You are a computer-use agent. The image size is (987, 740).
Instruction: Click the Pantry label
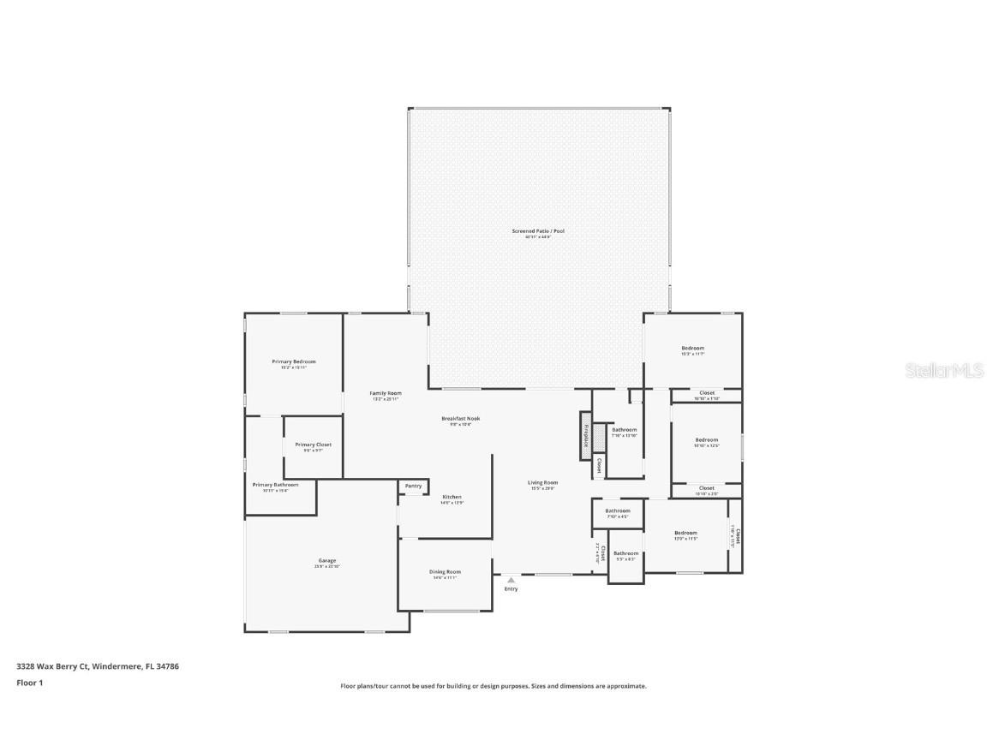(x=413, y=486)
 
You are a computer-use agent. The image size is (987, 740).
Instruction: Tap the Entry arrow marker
(x=511, y=581)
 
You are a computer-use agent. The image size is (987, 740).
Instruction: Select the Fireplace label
(x=586, y=436)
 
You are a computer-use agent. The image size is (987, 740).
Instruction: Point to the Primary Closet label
(x=313, y=445)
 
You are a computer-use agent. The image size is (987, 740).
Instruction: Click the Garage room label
(x=326, y=561)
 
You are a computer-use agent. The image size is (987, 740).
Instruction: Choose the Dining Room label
(x=445, y=571)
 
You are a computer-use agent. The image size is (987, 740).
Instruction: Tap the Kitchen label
(x=452, y=497)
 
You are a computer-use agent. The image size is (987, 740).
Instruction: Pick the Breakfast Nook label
(x=460, y=419)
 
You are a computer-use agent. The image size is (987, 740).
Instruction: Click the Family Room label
(x=386, y=393)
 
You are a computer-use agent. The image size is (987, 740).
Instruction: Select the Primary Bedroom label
(x=294, y=361)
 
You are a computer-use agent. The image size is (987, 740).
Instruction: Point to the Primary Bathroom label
(x=275, y=485)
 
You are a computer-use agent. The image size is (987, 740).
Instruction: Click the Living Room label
(x=542, y=483)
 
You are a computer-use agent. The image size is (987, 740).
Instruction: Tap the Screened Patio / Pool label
(x=538, y=231)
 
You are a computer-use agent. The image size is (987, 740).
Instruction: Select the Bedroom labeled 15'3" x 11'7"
(x=692, y=348)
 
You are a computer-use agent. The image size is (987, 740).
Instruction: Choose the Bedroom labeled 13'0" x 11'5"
(x=685, y=533)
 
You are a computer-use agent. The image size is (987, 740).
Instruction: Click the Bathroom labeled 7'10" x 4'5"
(x=617, y=511)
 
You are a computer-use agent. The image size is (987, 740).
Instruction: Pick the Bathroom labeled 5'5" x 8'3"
(x=625, y=553)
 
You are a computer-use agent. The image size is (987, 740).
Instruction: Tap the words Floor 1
(x=29, y=683)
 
